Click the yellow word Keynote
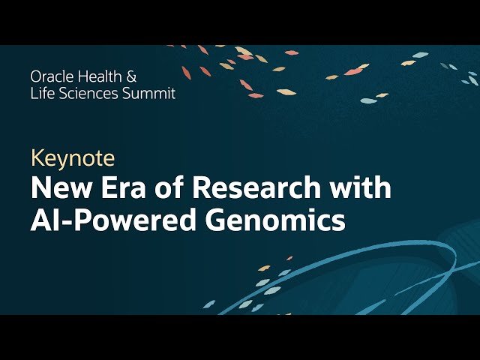(73, 158)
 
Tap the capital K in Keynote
(37, 158)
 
